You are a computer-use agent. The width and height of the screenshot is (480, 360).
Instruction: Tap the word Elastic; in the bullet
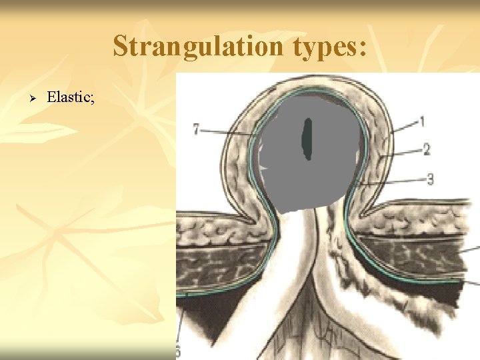point(71,98)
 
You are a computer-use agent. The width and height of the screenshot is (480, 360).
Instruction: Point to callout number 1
point(422,121)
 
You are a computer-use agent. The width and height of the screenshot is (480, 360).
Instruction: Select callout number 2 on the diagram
point(427,150)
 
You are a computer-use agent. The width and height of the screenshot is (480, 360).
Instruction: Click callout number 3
point(430,178)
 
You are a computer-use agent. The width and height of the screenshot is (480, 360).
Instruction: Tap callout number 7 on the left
point(197,130)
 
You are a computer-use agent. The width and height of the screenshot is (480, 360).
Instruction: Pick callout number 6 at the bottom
point(179,351)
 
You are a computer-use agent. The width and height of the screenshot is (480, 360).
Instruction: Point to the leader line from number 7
point(227,133)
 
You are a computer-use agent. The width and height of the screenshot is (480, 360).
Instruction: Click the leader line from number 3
point(393,181)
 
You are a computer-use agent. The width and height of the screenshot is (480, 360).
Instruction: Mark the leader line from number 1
point(404,127)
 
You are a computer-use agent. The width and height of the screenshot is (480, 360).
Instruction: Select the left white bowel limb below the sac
point(287,267)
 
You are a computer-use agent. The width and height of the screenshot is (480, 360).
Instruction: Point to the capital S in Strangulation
point(121,47)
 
